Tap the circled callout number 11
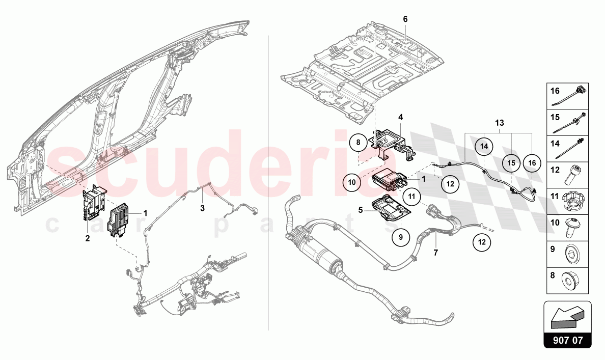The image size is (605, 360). coord(412,196)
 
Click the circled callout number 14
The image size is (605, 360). coord(484,147)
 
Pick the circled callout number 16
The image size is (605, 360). coord(532,162)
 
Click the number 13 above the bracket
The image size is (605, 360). coord(499,123)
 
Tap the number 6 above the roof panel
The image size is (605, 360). coord(405,19)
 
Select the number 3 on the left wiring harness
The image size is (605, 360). coord(202,208)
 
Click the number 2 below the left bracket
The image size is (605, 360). coord(88,238)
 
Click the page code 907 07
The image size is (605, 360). coord(567,339)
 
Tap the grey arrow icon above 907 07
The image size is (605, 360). coord(567,316)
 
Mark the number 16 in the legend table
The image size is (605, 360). coord(555,91)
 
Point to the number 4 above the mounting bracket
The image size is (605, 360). coord(401,117)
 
